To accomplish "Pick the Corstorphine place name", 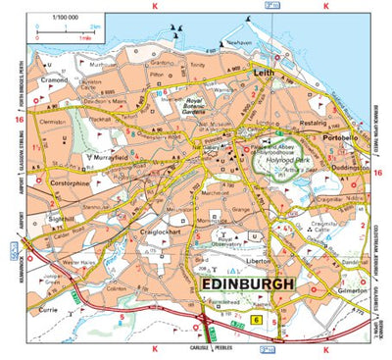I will pyautogui.click(x=73, y=181).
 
